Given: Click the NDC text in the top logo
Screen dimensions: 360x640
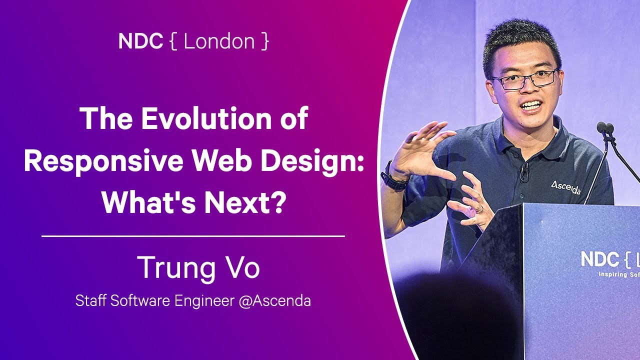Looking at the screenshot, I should click(x=140, y=41).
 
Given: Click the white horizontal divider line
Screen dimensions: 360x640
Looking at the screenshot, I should click(x=193, y=235).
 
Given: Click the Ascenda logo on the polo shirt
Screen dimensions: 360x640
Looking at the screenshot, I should click(x=565, y=187).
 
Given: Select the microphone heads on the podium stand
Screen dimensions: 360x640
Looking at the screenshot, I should click(x=605, y=127).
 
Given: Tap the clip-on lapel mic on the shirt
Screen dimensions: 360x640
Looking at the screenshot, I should click(x=523, y=171).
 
